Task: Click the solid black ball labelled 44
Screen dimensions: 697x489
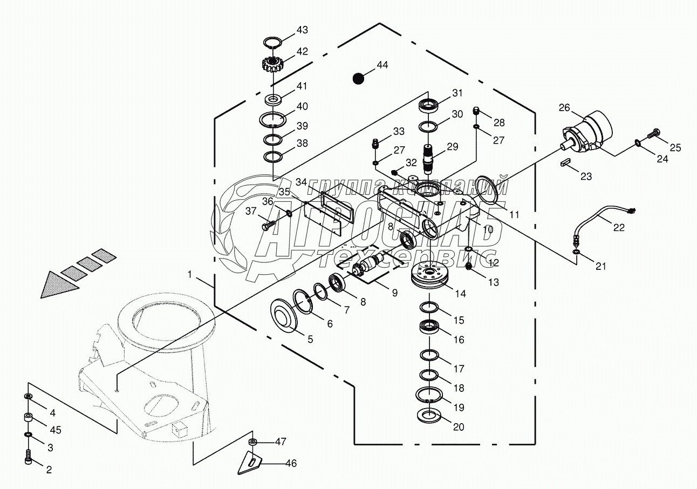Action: click(x=358, y=78)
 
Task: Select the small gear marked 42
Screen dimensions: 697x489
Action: click(x=272, y=64)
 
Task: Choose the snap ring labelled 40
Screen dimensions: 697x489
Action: click(x=273, y=119)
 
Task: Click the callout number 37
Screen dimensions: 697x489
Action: click(x=251, y=211)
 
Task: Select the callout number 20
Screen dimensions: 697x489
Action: click(x=459, y=427)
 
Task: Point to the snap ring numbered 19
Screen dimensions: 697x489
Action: click(x=429, y=395)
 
